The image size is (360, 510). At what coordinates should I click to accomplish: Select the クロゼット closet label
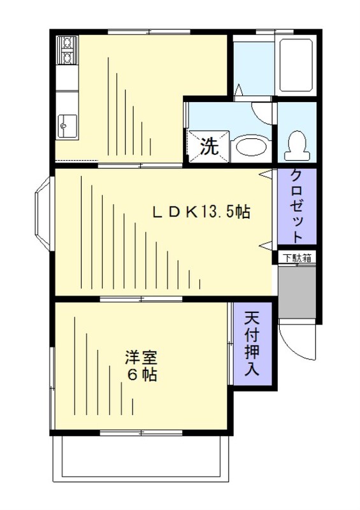[x=296, y=205]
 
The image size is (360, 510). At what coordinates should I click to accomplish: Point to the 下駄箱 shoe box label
[x=297, y=258]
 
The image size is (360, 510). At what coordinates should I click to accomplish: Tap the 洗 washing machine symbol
[x=208, y=146]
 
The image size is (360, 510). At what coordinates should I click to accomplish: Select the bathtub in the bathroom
[x=296, y=66]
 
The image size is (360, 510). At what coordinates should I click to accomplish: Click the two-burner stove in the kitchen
[x=66, y=51]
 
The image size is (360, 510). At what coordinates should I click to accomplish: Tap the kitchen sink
[x=66, y=126]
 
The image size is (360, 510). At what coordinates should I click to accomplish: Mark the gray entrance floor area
[x=297, y=291]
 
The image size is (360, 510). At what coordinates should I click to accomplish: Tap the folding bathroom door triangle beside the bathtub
[x=238, y=93]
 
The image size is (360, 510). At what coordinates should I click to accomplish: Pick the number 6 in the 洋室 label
[x=132, y=375]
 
